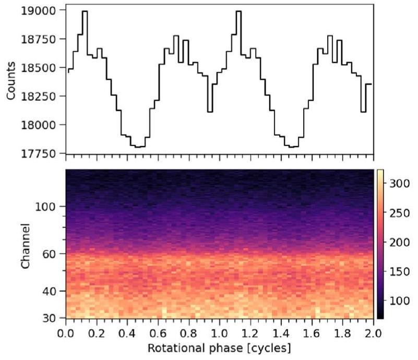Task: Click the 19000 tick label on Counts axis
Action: click(x=43, y=10)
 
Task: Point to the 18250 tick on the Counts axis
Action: click(x=43, y=96)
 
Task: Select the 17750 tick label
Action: click(x=43, y=153)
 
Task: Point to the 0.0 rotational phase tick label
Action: click(x=66, y=332)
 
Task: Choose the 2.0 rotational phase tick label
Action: click(x=374, y=332)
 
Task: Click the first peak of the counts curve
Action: click(x=85, y=11)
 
